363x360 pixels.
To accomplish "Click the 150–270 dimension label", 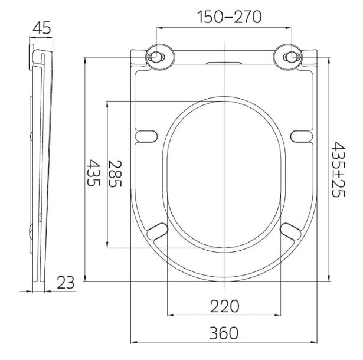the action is [229, 17].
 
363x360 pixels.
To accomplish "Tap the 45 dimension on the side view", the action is [42, 28].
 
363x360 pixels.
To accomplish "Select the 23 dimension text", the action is [66, 283].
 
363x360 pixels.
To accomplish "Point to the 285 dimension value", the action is [115, 174].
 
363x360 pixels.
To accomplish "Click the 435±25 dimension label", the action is [338, 169].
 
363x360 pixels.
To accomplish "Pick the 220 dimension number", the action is [224, 306].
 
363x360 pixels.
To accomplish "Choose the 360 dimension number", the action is [224, 333].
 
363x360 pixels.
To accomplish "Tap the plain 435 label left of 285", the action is [93, 173].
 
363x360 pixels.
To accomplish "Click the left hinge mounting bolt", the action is [156, 57].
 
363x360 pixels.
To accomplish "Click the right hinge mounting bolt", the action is [292, 57].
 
